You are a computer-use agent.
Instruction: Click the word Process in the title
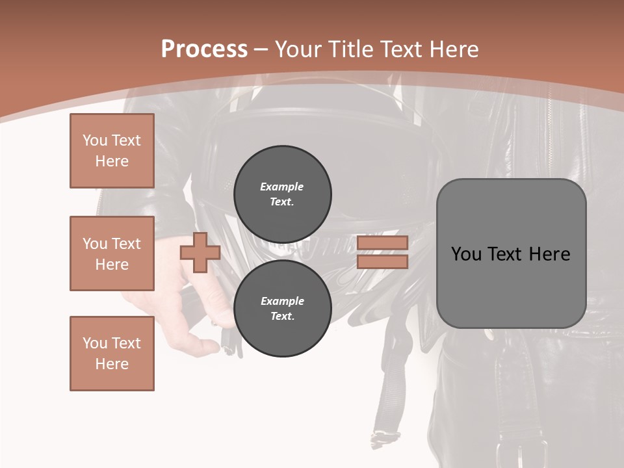click(204, 49)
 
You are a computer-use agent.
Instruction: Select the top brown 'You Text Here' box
click(112, 151)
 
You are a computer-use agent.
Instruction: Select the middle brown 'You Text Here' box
click(112, 253)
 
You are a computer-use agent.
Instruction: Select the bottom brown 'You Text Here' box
click(112, 353)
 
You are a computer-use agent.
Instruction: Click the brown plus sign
click(200, 253)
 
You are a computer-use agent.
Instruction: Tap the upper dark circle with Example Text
click(282, 194)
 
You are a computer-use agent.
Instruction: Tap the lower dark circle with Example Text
click(282, 308)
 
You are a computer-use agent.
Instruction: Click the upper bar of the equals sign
click(382, 243)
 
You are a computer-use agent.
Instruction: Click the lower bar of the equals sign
click(382, 261)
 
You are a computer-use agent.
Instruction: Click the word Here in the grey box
click(549, 254)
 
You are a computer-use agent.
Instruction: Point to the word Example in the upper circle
click(282, 187)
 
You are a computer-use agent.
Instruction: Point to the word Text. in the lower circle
click(282, 316)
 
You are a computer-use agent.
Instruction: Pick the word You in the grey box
click(466, 254)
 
